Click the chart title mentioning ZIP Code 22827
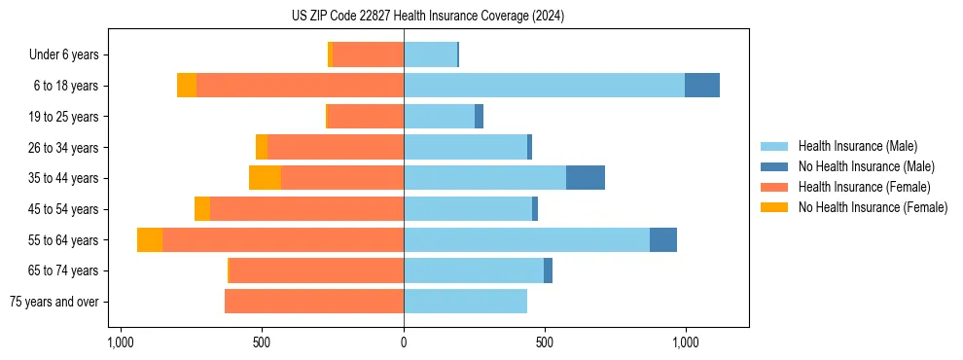(x=427, y=16)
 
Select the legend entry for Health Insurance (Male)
(x=857, y=146)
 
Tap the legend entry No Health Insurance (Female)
(x=873, y=207)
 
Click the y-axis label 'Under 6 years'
(x=63, y=54)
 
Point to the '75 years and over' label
(x=53, y=302)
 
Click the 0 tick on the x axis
(x=404, y=342)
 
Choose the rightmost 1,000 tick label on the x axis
(x=686, y=342)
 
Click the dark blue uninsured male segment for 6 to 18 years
(x=702, y=86)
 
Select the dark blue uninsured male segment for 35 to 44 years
(x=586, y=178)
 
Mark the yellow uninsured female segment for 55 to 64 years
(x=150, y=240)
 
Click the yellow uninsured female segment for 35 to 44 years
(x=265, y=178)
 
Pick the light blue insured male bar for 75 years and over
(x=465, y=302)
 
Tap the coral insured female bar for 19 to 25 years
(x=366, y=117)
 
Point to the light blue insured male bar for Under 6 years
(x=430, y=54)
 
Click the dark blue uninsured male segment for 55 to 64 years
(x=663, y=240)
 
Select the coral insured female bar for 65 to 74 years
(x=511, y=270)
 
